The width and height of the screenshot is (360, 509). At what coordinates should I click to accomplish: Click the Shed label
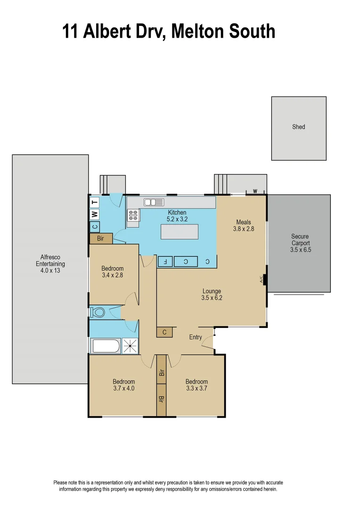[x=299, y=127]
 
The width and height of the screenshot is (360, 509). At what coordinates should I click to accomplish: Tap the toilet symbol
[x=98, y=312]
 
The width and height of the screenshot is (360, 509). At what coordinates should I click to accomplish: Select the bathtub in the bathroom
[x=106, y=346]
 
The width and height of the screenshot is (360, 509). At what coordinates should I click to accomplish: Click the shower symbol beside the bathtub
[x=131, y=346]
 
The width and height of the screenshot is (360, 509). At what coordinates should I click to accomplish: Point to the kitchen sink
[x=153, y=202]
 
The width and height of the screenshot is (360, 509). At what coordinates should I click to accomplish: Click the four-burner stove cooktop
[x=133, y=215]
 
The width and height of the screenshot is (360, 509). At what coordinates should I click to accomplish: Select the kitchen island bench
[x=180, y=232]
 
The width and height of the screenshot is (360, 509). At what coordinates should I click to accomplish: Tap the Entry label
[x=196, y=337]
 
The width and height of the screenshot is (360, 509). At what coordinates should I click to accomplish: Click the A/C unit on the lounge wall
[x=264, y=279]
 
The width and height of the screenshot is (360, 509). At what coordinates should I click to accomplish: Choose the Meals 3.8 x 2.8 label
[x=244, y=225]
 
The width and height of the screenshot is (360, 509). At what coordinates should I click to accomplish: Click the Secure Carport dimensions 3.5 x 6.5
[x=301, y=250]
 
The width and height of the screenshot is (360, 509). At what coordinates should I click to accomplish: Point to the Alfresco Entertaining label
[x=50, y=264]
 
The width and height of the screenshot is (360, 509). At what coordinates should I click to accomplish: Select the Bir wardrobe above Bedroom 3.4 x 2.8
[x=101, y=238]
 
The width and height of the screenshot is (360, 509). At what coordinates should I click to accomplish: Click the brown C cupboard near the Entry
[x=164, y=332]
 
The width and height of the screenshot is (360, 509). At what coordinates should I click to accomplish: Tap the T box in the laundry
[x=95, y=202]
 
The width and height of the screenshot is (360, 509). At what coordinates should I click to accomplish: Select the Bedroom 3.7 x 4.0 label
[x=123, y=385]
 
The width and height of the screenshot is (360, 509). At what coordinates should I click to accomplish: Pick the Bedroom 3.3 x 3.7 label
[x=196, y=385]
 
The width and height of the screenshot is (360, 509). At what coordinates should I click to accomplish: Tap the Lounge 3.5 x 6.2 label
[x=212, y=295]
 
